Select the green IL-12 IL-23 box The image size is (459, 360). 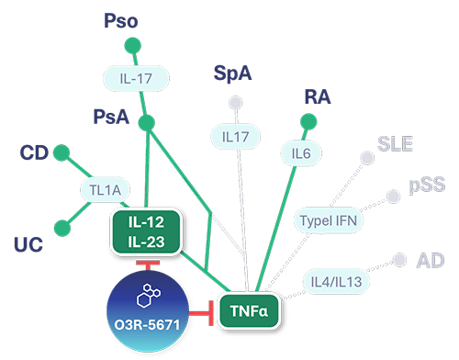click(148, 230)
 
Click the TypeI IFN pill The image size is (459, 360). click(329, 220)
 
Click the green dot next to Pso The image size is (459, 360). click(132, 45)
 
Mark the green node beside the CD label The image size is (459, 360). click(62, 151)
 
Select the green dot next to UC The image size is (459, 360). click(62, 226)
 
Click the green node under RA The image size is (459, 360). click(308, 121)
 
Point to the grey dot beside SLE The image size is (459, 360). click(367, 158)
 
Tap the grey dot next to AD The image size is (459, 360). click(399, 260)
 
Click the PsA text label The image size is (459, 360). click(111, 116)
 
